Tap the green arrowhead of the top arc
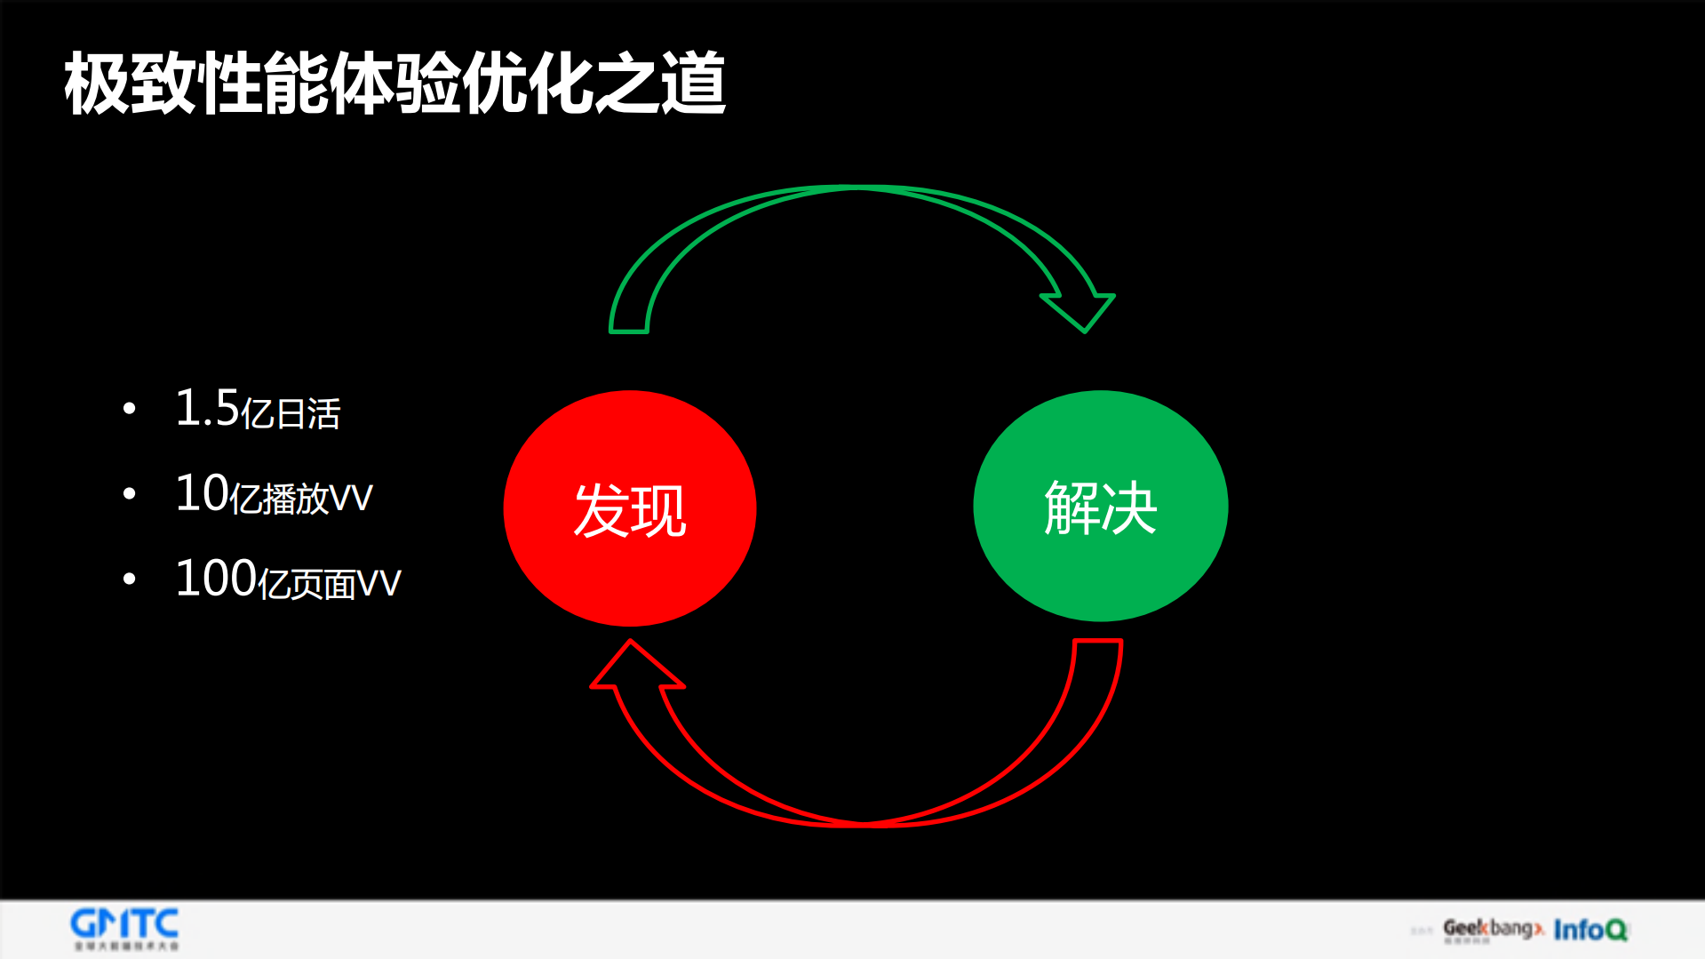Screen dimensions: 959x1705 [x=1080, y=310]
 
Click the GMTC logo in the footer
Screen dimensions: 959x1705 [x=124, y=928]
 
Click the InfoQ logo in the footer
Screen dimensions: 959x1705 [x=1590, y=930]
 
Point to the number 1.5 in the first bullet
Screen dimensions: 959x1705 [x=207, y=408]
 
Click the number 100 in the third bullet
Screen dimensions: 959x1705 [x=216, y=579]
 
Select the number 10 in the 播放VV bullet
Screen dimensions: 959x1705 [x=202, y=493]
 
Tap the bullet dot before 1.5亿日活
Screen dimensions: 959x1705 [x=130, y=409]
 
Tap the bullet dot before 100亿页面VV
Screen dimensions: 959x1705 [x=130, y=579]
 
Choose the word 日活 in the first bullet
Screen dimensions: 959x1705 [x=307, y=414]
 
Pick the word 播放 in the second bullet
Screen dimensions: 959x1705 [x=296, y=499]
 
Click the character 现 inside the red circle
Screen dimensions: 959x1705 [x=658, y=510]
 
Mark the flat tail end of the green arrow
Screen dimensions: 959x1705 [x=629, y=331]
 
